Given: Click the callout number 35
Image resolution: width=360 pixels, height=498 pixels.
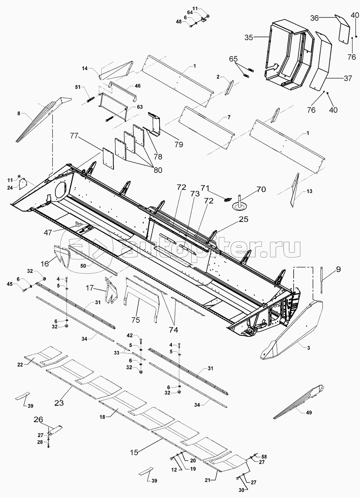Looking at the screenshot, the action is [249, 37].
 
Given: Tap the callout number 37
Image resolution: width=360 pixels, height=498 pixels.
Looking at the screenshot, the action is [348, 78].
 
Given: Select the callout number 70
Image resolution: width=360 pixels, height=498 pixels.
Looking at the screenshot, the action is [261, 189].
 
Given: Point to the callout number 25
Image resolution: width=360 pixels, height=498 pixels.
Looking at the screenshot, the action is [244, 219].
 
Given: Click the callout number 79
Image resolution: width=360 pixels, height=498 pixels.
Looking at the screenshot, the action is [179, 144].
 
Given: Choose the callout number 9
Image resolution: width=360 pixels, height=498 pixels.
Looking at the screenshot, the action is [338, 270].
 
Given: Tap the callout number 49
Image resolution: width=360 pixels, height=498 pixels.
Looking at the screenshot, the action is [309, 412].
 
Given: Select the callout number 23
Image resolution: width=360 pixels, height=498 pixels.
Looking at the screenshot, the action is [59, 402].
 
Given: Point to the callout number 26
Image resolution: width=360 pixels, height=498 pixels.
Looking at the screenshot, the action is [38, 420].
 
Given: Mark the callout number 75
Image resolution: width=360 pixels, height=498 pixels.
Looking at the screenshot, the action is [136, 320].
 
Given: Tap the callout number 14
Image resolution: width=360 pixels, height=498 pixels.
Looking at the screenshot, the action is [85, 69].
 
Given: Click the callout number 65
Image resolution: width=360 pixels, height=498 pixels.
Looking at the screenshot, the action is [233, 59].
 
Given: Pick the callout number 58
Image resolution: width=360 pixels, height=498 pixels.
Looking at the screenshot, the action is [264, 456].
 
